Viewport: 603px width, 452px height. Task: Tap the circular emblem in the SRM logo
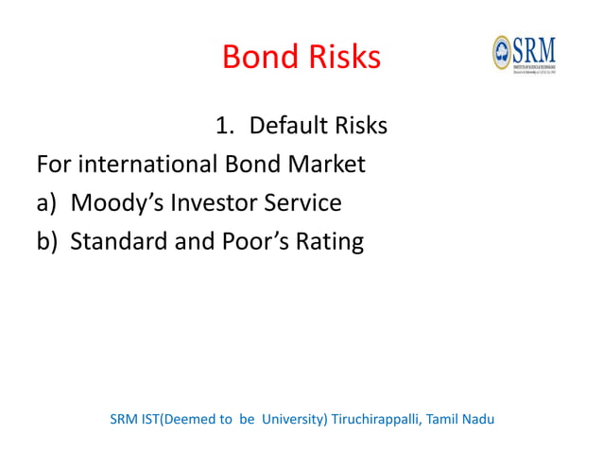502,51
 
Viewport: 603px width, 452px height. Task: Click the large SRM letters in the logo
534,47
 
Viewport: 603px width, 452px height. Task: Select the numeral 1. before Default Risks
224,126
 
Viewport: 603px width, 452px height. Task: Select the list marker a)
48,203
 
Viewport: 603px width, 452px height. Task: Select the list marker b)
48,242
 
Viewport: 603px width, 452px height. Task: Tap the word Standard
117,242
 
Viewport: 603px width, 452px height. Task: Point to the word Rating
330,242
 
